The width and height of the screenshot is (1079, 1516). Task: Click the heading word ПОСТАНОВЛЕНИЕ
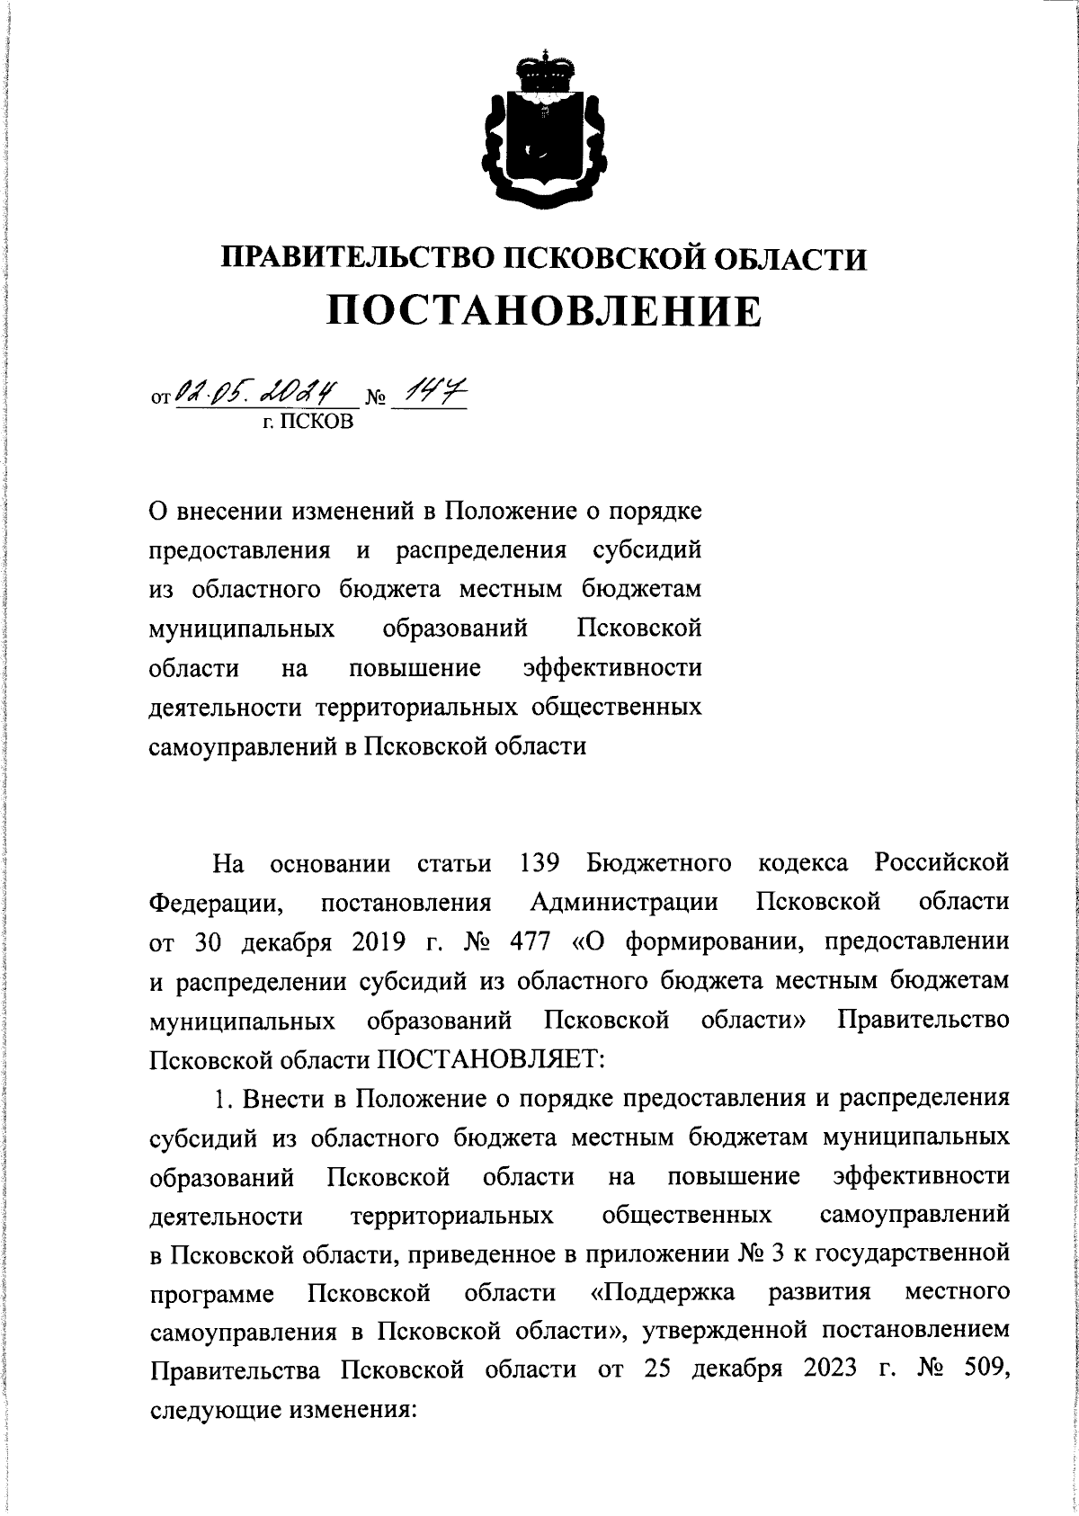point(543,311)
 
